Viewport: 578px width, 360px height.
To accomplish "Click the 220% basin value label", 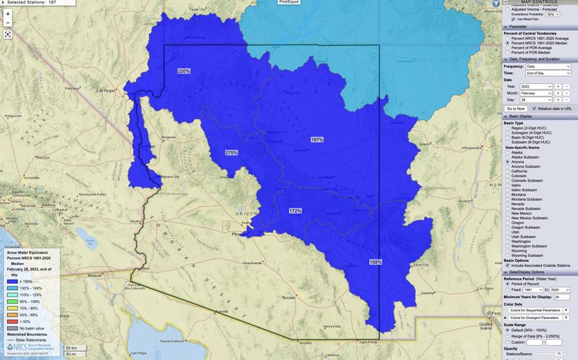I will pyautogui.click(x=184, y=71).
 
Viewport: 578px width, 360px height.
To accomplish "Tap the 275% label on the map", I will pyautogui.click(x=231, y=152).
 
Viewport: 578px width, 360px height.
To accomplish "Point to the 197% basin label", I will pyautogui.click(x=317, y=139).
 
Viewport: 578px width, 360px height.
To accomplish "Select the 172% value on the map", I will pyautogui.click(x=295, y=211).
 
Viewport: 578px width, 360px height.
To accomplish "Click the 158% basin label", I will pyautogui.click(x=376, y=262).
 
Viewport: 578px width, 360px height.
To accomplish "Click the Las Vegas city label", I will pyautogui.click(x=106, y=91).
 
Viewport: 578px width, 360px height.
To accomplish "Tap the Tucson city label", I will pyautogui.click(x=288, y=297).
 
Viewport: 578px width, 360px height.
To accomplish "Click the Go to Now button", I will pyautogui.click(x=515, y=108).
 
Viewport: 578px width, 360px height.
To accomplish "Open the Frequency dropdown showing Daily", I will pyautogui.click(x=548, y=66).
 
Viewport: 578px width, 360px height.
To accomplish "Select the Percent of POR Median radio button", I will pyautogui.click(x=508, y=52).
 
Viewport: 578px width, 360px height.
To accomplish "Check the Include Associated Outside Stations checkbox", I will pyautogui.click(x=507, y=265).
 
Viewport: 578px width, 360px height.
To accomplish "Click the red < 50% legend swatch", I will pyautogui.click(x=13, y=321).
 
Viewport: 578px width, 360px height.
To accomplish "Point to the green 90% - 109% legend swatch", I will pyautogui.click(x=13, y=301).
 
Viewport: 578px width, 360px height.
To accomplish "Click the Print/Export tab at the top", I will pyautogui.click(x=288, y=2).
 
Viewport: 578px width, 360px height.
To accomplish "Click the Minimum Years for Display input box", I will pyautogui.click(x=562, y=297).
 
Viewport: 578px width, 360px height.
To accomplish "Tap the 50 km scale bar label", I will pyautogui.click(x=70, y=347).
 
